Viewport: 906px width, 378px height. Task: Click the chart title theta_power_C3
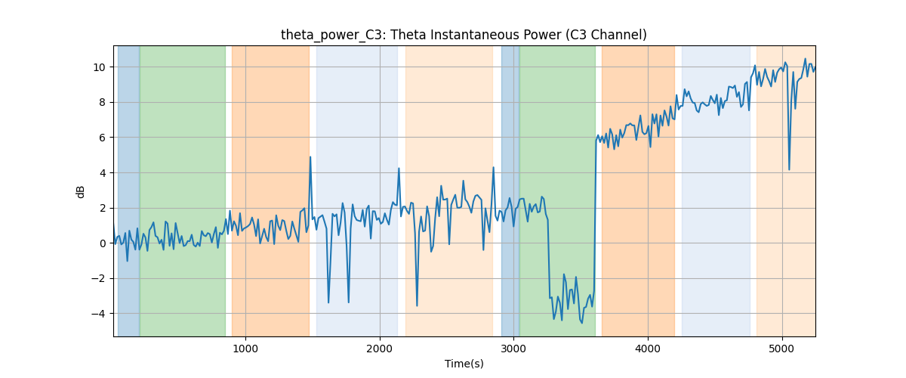click(331, 36)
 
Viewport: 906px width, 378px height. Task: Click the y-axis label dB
click(80, 192)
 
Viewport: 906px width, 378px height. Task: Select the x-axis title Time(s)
click(464, 364)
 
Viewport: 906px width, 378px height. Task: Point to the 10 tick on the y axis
click(99, 67)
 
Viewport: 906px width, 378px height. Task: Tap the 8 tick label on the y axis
click(102, 103)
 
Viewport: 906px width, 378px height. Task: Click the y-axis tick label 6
click(102, 138)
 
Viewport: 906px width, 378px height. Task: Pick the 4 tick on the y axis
click(102, 173)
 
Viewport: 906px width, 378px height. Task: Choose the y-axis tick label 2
click(102, 208)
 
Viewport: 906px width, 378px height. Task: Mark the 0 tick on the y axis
click(102, 243)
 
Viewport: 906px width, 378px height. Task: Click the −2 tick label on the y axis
click(98, 279)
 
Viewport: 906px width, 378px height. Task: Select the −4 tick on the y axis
click(98, 314)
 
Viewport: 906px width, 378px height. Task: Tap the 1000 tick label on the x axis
click(245, 349)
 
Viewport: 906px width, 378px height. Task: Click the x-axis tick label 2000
click(380, 349)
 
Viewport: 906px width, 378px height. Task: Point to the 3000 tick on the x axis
click(513, 349)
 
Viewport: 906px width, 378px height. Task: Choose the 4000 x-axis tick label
click(648, 349)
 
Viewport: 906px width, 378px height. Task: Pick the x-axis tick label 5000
click(782, 349)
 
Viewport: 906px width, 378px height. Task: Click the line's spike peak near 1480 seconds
click(310, 156)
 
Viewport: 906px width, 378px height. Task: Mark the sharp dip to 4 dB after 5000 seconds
click(789, 169)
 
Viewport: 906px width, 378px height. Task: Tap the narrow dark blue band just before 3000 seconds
click(510, 191)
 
